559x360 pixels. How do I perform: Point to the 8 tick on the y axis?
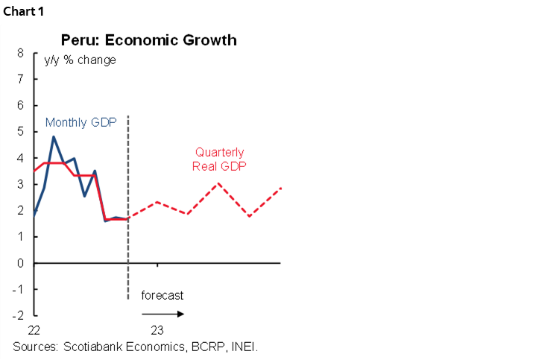pyautogui.click(x=20, y=54)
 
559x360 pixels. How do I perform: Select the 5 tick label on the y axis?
pyautogui.click(x=20, y=133)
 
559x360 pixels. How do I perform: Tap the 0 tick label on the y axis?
pyautogui.click(x=20, y=263)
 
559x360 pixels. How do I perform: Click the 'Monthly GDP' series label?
pyautogui.click(x=81, y=122)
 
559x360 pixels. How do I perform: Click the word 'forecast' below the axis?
pyautogui.click(x=162, y=295)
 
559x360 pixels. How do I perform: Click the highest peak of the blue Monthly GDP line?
pyautogui.click(x=54, y=136)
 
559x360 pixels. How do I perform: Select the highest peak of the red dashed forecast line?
pyautogui.click(x=218, y=183)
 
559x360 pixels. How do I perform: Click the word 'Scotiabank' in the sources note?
pyautogui.click(x=96, y=347)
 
